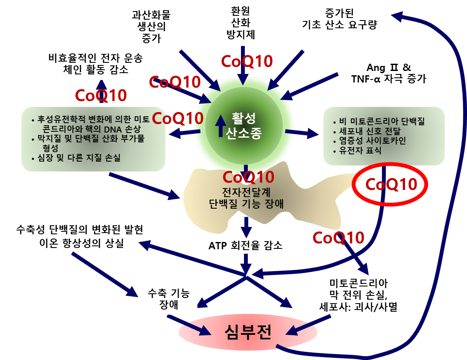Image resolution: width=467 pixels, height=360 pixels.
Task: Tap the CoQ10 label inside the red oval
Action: point(391,185)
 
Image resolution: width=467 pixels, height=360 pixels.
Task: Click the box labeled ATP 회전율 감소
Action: point(245,246)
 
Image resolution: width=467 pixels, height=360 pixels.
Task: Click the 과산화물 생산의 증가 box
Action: point(150,26)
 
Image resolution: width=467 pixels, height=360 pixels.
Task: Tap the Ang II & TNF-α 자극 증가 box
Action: point(388,73)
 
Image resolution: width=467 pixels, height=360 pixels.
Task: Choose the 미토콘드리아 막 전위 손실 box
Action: point(358,295)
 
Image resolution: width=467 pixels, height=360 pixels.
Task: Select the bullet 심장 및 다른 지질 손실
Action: point(79,158)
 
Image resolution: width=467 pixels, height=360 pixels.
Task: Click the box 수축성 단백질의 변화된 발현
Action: point(79,229)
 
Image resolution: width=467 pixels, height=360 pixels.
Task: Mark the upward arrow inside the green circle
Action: point(220,125)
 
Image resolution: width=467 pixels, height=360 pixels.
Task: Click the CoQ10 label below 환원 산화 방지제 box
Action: point(247,61)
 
